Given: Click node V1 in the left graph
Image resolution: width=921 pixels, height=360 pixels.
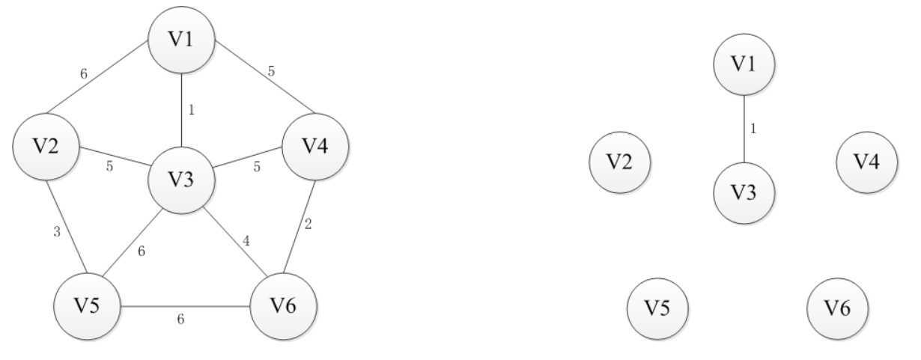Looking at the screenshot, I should [x=181, y=40].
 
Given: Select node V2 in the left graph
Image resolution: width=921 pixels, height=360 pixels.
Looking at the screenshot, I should [x=46, y=147].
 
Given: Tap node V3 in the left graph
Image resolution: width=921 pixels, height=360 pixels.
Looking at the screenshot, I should [x=181, y=180].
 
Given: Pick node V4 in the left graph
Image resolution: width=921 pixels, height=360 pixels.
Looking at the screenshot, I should [x=315, y=147].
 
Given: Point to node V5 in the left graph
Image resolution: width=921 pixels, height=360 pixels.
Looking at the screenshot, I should [x=87, y=306].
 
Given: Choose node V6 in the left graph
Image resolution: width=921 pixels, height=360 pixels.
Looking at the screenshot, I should [x=282, y=306].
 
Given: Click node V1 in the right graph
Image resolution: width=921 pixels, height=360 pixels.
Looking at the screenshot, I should [x=744, y=64].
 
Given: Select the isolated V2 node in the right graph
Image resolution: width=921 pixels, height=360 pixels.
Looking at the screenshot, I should [x=619, y=162].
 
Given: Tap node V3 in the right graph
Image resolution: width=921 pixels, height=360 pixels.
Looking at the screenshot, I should [x=744, y=192].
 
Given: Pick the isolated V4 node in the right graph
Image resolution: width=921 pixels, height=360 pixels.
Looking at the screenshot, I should [x=866, y=162].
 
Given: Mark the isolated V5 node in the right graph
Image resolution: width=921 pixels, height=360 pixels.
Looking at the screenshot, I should [x=657, y=308].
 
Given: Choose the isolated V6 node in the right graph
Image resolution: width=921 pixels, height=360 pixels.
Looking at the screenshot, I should [x=838, y=308].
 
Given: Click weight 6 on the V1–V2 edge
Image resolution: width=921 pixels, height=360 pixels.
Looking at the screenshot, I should [x=85, y=74].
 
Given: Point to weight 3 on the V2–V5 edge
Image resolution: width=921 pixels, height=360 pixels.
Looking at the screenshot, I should [x=56, y=232].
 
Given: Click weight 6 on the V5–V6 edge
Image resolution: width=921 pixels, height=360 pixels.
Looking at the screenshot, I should [x=180, y=320].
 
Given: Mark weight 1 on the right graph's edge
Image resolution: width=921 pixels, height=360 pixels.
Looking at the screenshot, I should [x=753, y=129].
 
